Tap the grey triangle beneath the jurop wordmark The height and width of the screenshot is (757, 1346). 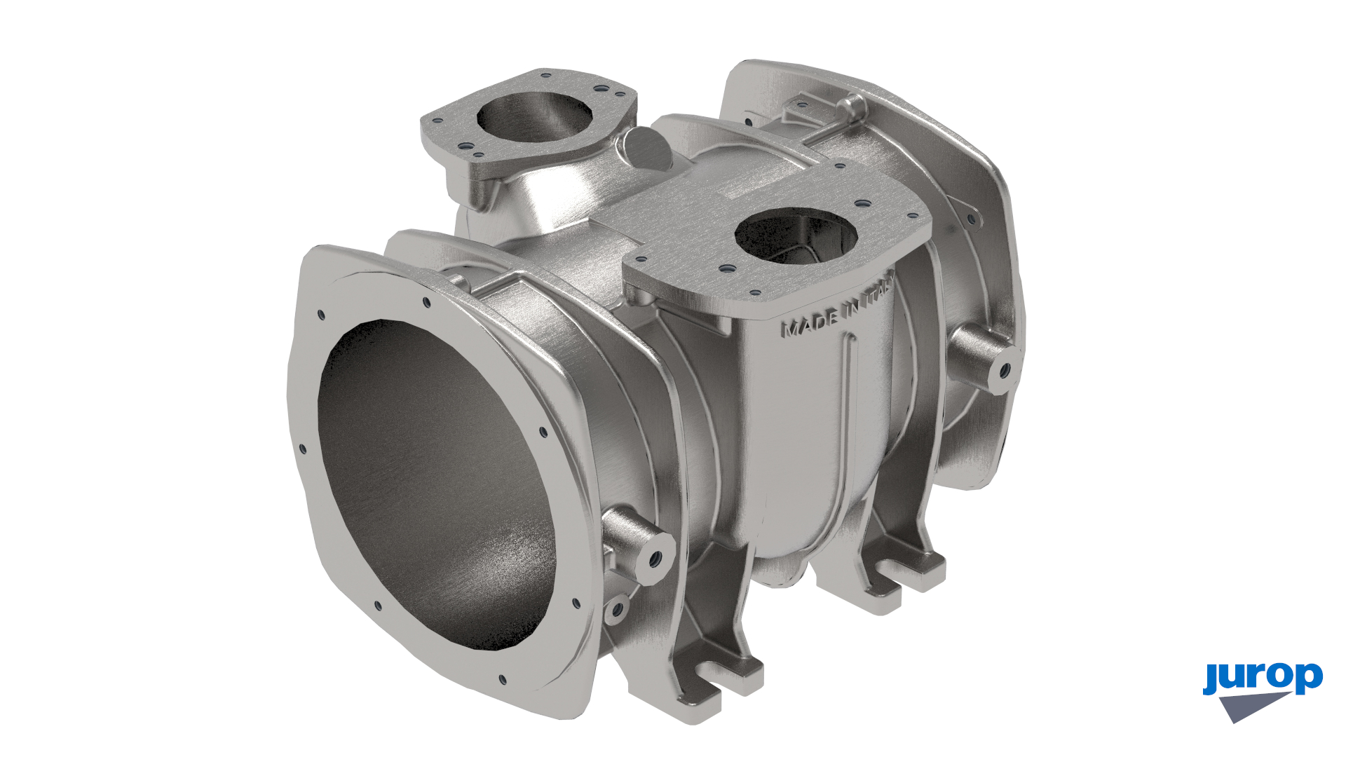tap(1251, 705)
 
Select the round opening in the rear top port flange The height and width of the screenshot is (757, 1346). tap(534, 115)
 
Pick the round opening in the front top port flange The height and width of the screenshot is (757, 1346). tap(796, 237)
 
